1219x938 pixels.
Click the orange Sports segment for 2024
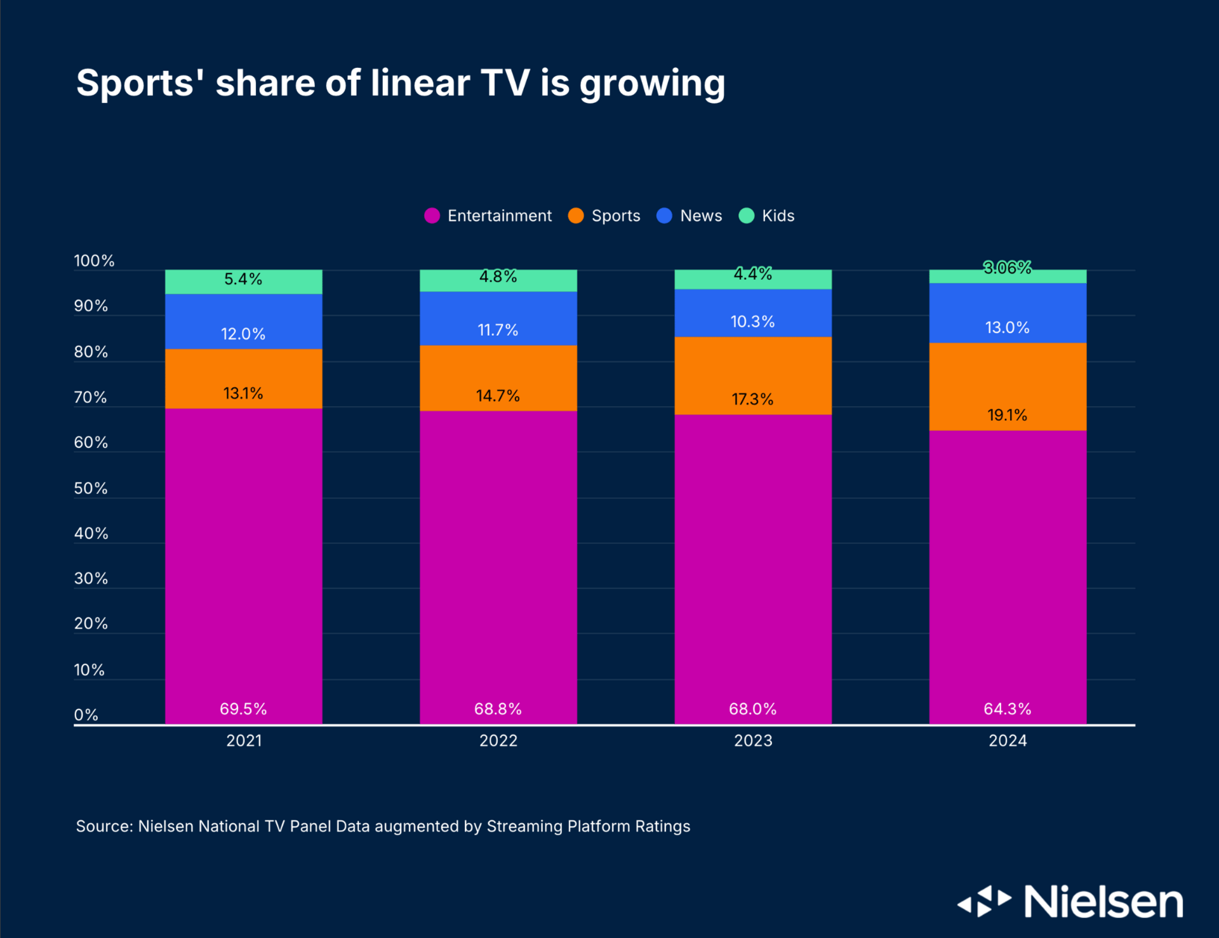[x=1008, y=386]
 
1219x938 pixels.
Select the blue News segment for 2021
[x=244, y=321]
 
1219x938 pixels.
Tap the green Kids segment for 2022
[x=498, y=281]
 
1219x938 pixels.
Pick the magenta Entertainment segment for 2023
[x=753, y=569]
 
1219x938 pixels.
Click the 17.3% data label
[x=752, y=399]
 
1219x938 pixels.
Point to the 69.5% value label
[x=243, y=709]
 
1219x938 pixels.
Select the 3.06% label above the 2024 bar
[x=1008, y=268]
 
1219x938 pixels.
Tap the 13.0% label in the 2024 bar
[x=1008, y=327]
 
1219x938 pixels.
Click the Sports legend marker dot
[x=576, y=216]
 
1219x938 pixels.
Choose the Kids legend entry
[x=767, y=216]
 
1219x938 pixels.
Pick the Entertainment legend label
[x=500, y=216]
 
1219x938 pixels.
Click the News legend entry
[x=689, y=216]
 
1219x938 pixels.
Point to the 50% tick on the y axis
[x=91, y=488]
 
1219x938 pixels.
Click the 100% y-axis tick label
[x=94, y=261]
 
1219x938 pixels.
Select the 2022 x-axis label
[x=498, y=741]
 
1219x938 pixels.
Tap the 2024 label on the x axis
[x=1008, y=741]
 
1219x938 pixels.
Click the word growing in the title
[x=652, y=84]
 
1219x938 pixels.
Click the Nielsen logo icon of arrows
[x=984, y=901]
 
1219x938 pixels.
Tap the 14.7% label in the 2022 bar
[x=498, y=396]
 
